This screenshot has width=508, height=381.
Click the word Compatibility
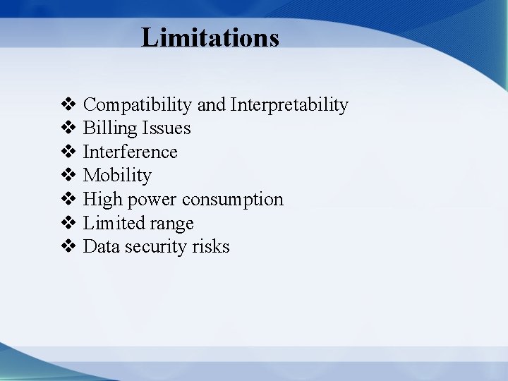(138, 105)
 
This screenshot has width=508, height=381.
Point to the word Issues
(166, 128)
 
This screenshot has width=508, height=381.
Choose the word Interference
(131, 152)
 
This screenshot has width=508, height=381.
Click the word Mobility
(117, 175)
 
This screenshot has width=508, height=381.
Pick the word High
(102, 200)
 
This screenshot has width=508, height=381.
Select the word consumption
(233, 200)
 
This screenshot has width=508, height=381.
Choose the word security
(152, 247)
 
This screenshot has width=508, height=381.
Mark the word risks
(209, 246)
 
